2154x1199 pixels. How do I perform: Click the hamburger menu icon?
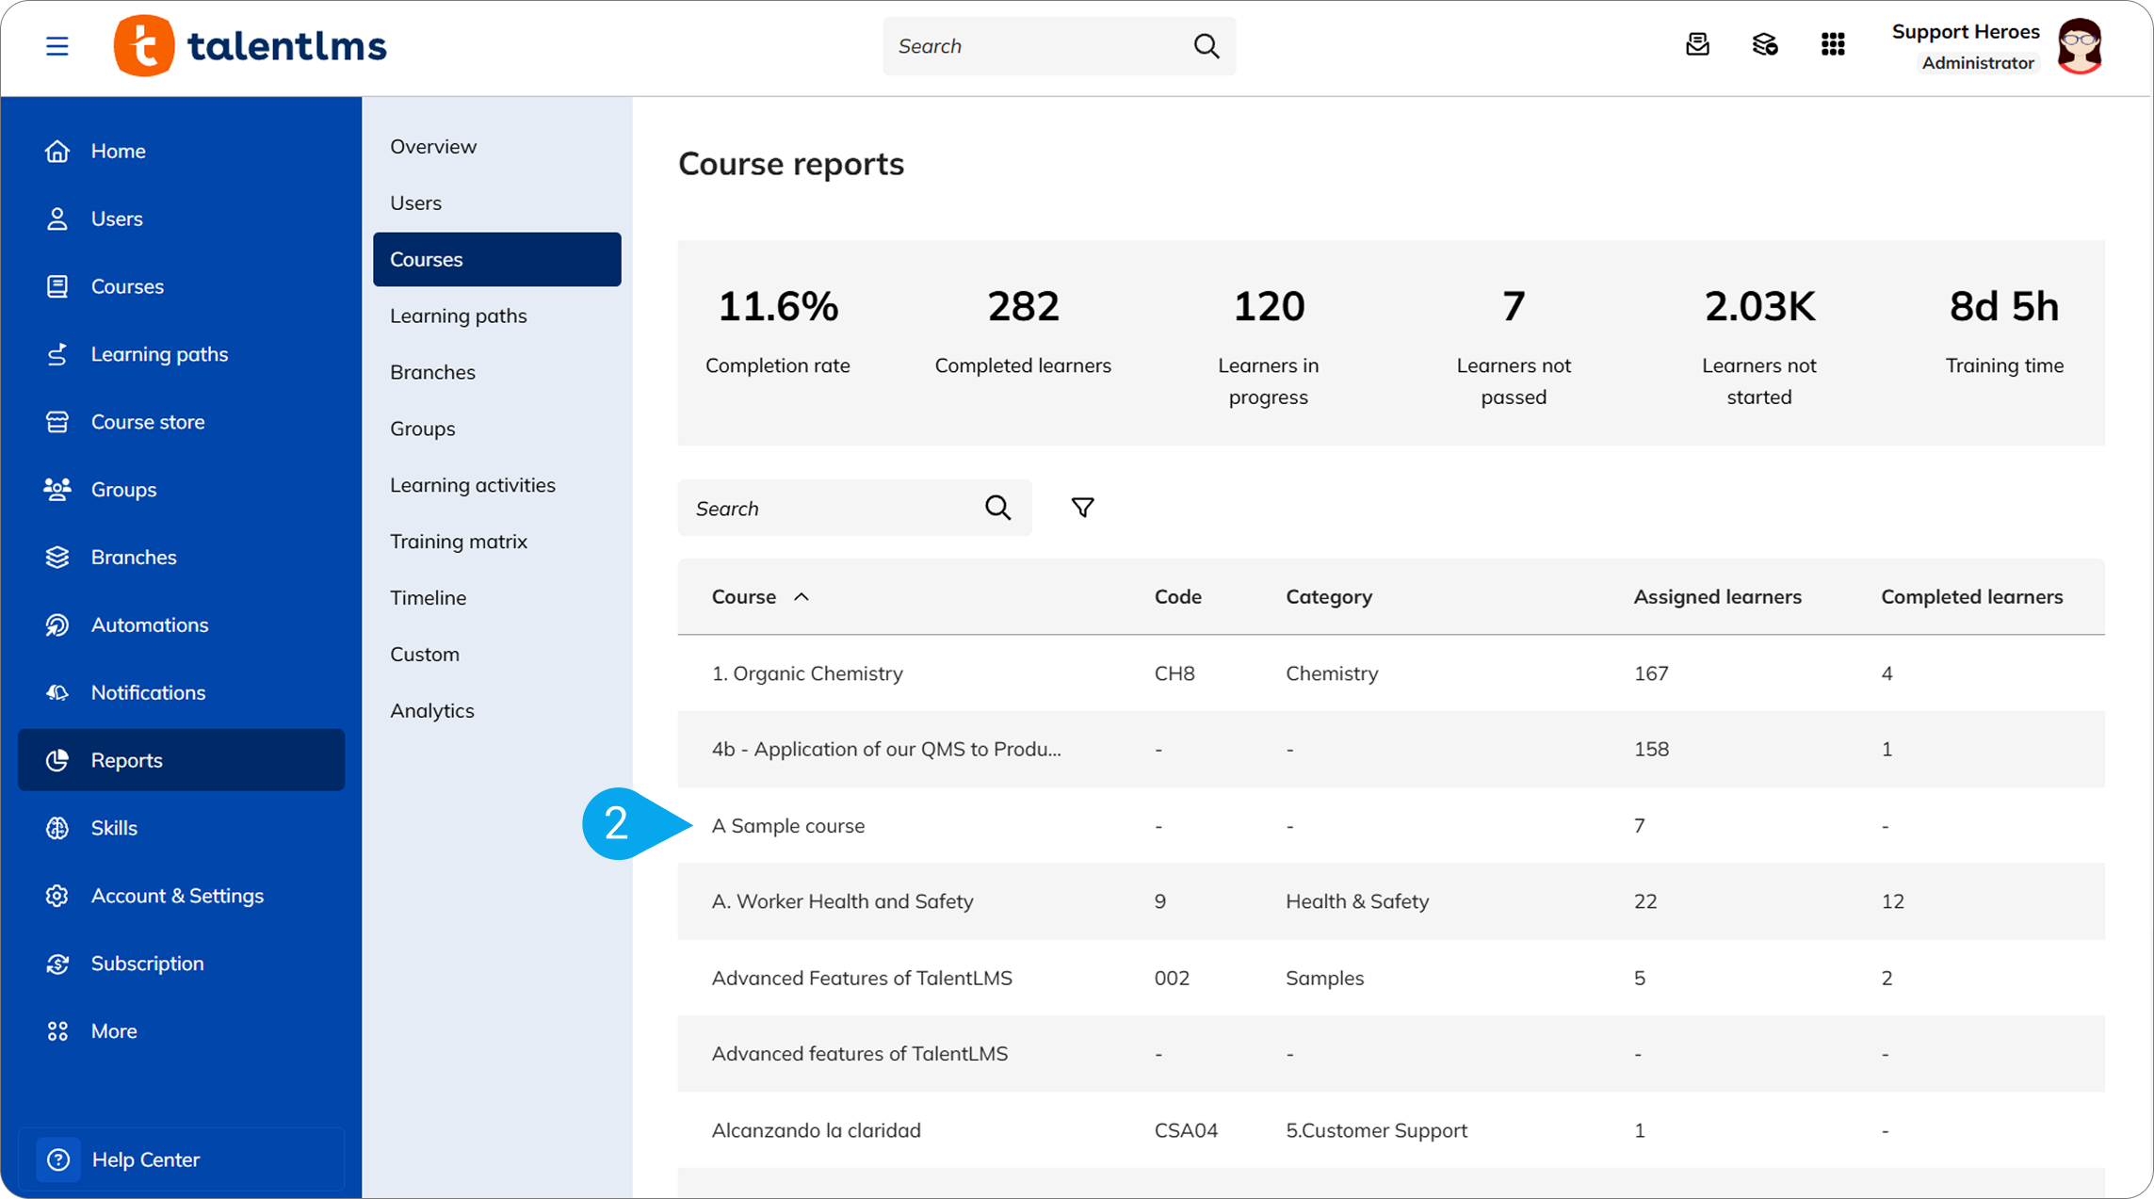pos(57,45)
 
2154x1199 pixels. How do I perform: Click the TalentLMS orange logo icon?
pos(144,45)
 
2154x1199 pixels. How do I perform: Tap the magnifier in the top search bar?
pos(1206,45)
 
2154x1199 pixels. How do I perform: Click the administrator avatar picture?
pos(2080,45)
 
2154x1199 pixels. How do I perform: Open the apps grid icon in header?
pos(1833,44)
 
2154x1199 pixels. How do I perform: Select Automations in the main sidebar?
pos(150,624)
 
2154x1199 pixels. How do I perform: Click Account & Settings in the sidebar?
pos(177,896)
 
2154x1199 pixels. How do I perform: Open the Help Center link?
pos(146,1159)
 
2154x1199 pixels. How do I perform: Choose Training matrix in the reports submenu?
pos(459,542)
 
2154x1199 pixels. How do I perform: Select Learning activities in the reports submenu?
pos(473,485)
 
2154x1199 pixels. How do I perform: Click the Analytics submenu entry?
pos(432,711)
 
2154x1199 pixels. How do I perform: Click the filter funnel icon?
pos(1082,508)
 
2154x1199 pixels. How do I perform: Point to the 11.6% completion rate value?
pos(778,306)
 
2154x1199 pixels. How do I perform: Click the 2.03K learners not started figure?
pos(1759,306)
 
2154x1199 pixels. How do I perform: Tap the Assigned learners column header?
pos(1717,596)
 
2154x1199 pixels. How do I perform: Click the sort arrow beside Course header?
pos(802,596)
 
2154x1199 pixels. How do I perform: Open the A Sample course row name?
pos(788,826)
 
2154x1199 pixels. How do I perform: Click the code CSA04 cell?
pos(1186,1130)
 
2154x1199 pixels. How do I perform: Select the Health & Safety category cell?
pos(1357,901)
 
